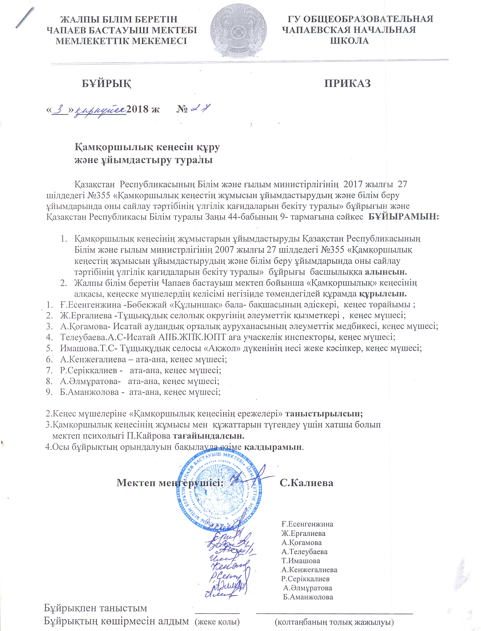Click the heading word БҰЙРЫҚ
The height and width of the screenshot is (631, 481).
(x=107, y=83)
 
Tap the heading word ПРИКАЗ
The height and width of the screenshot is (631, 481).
(x=347, y=83)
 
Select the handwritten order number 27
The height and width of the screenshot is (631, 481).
(x=200, y=109)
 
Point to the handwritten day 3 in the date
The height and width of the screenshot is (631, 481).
(x=60, y=109)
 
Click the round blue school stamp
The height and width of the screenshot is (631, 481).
(x=220, y=492)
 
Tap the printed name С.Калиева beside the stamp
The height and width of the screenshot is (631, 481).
(x=306, y=483)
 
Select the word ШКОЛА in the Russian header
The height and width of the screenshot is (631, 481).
(x=349, y=41)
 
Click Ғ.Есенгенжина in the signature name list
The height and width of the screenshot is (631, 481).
(x=307, y=524)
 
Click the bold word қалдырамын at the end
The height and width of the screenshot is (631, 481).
(x=273, y=447)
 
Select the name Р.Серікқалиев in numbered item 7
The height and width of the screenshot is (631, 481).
(x=88, y=370)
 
